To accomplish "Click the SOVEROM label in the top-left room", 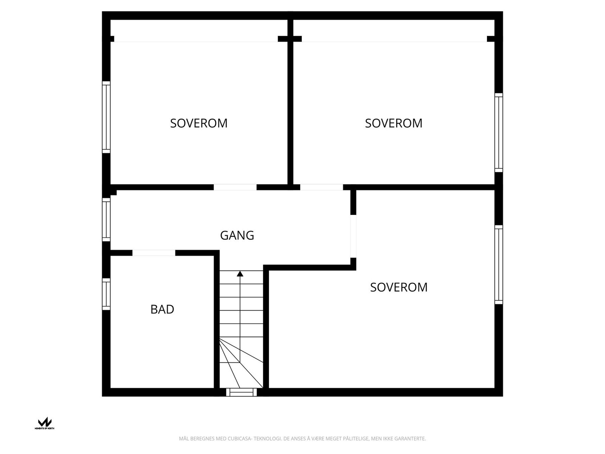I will [199, 123].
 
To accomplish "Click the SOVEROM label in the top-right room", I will [393, 123].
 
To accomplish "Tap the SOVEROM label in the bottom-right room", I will [399, 288].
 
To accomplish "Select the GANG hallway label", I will [237, 235].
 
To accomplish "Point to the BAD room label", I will [162, 309].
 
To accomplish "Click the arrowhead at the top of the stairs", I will [240, 274].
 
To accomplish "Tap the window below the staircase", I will [241, 392].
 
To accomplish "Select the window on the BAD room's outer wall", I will [106, 294].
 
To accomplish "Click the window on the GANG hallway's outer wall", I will [106, 219].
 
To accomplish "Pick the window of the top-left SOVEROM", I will [106, 117].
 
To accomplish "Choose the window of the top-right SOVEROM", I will [499, 132].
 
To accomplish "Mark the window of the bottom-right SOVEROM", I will [499, 264].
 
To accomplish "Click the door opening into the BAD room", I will [154, 253].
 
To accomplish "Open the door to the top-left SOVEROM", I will [235, 187].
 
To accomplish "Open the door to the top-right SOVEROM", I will [321, 187].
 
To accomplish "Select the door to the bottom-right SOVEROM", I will [353, 236].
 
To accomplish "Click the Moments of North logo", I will [45, 423].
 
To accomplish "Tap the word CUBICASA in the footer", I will [240, 439].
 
